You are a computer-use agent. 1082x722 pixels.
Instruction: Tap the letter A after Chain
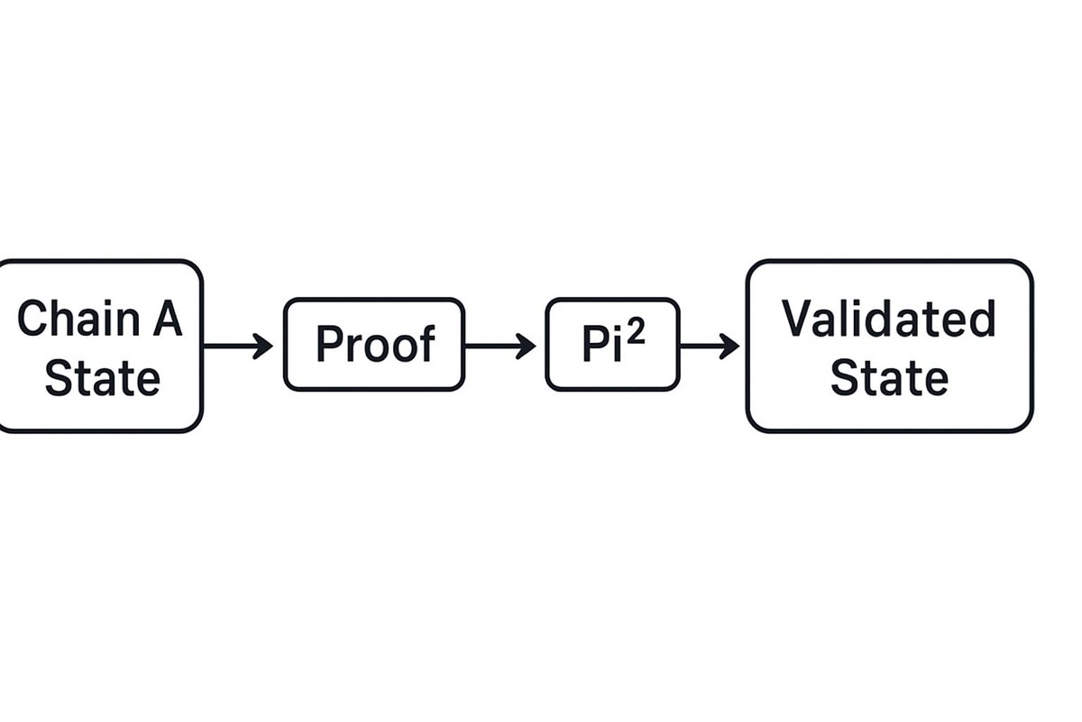[167, 319]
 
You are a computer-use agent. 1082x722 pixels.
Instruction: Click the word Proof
[374, 345]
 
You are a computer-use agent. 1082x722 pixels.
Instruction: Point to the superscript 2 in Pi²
[636, 333]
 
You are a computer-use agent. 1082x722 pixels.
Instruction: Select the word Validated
[888, 319]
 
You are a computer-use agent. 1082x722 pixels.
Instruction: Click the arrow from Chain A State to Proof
[237, 346]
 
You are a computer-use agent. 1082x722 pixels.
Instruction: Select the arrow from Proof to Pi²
[499, 346]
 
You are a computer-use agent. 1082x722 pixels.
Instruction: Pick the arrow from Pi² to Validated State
[709, 346]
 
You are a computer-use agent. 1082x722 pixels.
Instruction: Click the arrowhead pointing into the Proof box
[264, 346]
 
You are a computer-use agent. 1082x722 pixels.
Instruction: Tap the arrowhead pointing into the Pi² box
[527, 346]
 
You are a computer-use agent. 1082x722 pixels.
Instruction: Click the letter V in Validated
[796, 319]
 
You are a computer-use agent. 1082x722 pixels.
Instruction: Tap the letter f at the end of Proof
[426, 343]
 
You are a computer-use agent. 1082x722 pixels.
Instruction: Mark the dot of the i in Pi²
[616, 329]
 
